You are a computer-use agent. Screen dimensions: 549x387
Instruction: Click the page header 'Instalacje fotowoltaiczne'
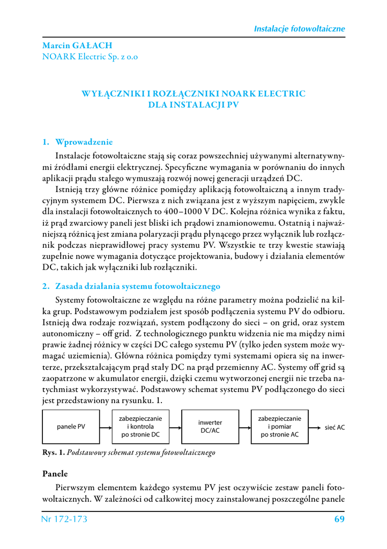(299, 28)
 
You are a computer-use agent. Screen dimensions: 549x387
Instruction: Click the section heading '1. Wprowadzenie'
(78, 142)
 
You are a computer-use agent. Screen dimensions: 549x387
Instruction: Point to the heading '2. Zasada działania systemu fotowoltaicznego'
(131, 286)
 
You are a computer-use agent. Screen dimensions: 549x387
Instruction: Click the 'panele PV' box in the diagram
(71, 427)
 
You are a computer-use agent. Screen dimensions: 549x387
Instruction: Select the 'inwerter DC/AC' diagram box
(210, 427)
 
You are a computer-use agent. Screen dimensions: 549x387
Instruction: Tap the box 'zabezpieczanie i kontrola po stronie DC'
(140, 427)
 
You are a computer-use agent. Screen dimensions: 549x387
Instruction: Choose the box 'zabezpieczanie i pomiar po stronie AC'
(280, 427)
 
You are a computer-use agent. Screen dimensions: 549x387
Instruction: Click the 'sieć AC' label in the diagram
(335, 427)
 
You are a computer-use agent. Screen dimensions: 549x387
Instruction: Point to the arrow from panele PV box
(106, 427)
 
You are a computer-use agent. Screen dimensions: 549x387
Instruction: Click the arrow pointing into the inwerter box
(175, 427)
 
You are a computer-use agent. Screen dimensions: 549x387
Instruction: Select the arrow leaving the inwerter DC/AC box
(245, 427)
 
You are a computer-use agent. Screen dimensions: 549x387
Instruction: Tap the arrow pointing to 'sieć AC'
(316, 427)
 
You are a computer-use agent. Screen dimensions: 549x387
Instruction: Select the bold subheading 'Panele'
(55, 474)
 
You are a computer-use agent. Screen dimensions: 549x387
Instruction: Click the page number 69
(339, 519)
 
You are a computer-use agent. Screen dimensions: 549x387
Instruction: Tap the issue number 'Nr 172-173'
(64, 519)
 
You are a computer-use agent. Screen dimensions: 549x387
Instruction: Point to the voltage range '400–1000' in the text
(185, 211)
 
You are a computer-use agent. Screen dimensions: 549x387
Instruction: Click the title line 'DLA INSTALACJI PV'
(193, 105)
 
